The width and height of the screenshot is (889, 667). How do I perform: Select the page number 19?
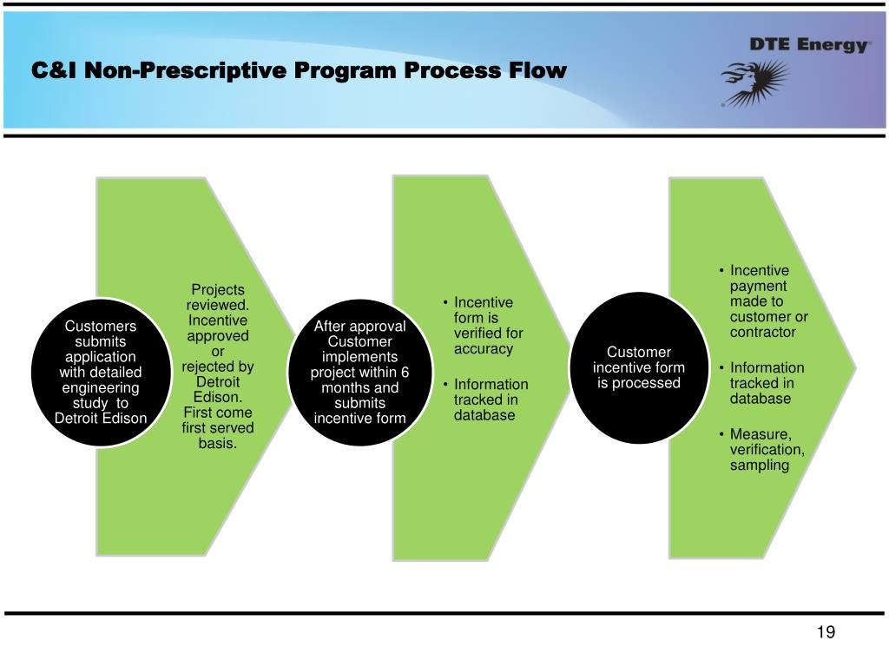point(825,632)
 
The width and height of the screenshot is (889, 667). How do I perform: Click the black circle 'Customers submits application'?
point(101,372)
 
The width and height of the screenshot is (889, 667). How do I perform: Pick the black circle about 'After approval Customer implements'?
point(359,372)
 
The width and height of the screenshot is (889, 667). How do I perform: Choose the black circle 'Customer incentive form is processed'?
point(639,367)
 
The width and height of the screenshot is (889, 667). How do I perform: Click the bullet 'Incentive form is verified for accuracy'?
point(484,326)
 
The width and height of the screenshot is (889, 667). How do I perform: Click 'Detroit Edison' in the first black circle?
point(101,419)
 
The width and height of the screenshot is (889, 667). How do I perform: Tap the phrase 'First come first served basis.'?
point(218,428)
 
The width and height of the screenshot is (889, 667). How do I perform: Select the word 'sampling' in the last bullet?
point(760,465)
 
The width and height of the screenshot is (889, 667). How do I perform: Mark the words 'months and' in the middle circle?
point(359,387)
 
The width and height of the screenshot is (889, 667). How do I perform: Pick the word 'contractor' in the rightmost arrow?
point(763,332)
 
